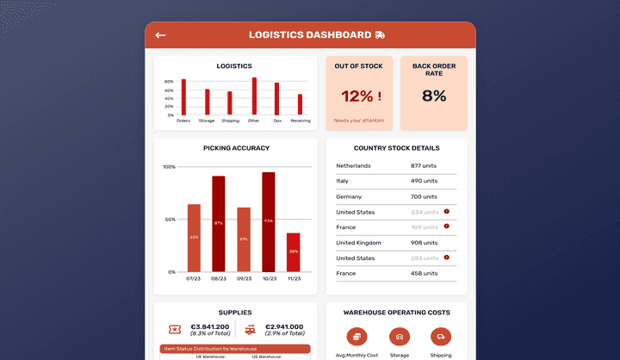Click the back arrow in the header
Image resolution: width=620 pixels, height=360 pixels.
[160, 35]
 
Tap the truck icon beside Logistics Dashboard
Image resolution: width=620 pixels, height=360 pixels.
[380, 35]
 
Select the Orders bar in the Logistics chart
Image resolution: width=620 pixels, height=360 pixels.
[183, 97]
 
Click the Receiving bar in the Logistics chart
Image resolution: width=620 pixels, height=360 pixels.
[301, 104]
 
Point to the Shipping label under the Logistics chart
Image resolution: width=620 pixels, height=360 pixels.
[230, 121]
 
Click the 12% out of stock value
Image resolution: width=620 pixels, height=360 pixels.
[360, 96]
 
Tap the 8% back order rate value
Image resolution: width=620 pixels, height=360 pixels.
[434, 96]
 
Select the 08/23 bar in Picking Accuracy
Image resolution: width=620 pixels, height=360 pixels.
[219, 224]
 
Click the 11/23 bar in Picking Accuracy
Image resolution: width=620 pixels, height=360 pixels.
[294, 252]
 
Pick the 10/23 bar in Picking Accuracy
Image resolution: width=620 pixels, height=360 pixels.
[269, 222]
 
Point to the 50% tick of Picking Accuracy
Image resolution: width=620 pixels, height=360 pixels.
[169, 220]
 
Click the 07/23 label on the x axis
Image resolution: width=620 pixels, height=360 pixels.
[194, 279]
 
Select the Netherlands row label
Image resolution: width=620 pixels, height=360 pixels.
[353, 165]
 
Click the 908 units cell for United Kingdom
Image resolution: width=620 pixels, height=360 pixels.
[424, 243]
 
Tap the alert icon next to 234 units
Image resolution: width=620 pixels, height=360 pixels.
[447, 211]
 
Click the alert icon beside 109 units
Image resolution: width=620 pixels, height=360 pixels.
[447, 227]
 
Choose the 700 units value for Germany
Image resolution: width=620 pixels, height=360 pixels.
[424, 196]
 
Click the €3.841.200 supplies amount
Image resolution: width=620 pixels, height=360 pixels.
[210, 327]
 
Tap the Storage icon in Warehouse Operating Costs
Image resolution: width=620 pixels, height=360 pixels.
[399, 338]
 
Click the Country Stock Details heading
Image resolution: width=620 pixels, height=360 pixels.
[396, 148]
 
